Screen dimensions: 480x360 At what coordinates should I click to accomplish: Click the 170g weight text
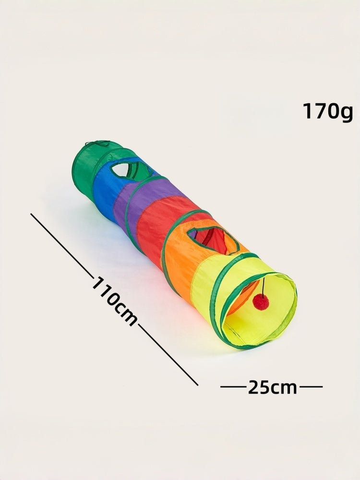[327, 111]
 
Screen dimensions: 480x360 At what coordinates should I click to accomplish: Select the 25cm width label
[272, 386]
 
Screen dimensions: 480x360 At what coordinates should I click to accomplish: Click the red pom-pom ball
[261, 302]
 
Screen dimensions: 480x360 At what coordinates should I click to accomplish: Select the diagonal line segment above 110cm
[62, 245]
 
